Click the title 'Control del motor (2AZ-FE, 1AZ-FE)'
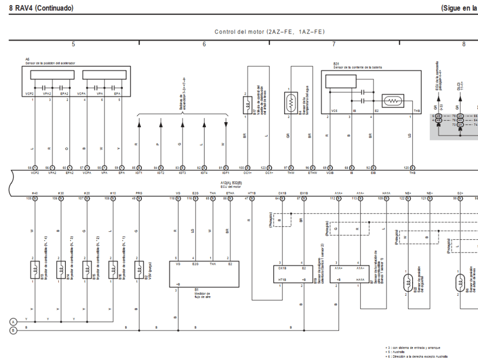[269, 32]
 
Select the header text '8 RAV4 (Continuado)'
[41, 8]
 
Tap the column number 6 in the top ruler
[204, 44]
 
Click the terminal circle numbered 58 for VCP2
[35, 167]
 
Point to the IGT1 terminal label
[139, 173]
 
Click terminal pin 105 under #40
[35, 198]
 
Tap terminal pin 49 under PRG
[139, 198]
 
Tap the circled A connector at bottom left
[14, 322]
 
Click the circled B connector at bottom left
[14, 331]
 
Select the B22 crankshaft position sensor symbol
[408, 282]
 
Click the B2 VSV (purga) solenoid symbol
[139, 269]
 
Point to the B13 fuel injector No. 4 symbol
[35, 269]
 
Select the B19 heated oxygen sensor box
[290, 274]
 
